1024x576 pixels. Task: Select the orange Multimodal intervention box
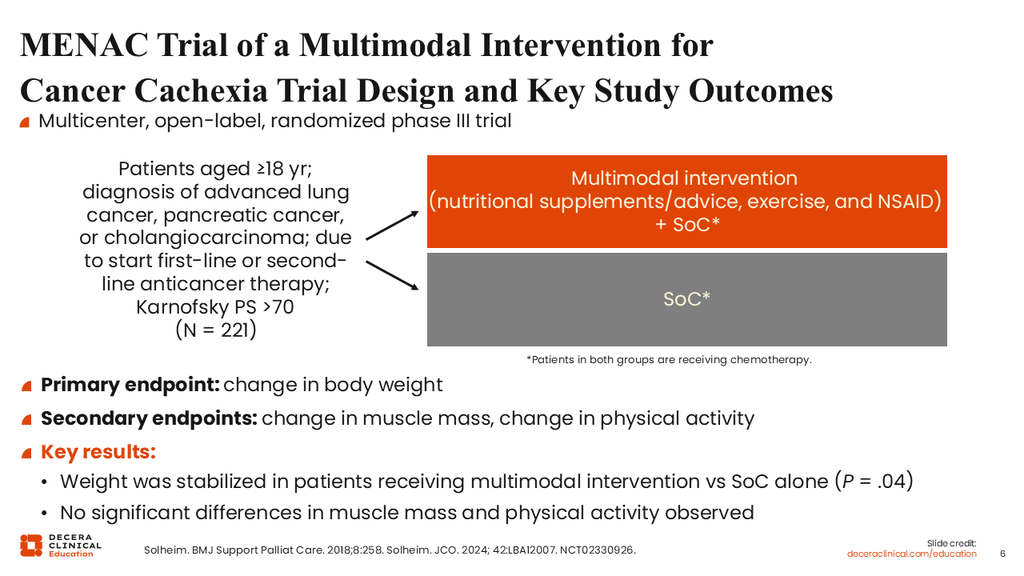click(x=686, y=202)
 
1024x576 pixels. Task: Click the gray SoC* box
click(x=686, y=299)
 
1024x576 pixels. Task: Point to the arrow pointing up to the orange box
click(x=392, y=226)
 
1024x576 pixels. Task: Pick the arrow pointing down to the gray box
click(x=392, y=274)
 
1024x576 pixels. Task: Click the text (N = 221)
click(x=216, y=330)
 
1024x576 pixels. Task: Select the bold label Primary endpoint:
click(x=130, y=385)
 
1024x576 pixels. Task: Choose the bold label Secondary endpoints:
click(x=149, y=418)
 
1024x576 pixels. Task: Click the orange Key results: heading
click(x=98, y=451)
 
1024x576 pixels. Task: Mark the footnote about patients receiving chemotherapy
click(x=669, y=360)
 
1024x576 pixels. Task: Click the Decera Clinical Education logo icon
click(x=31, y=545)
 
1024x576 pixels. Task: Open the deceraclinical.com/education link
click(x=912, y=554)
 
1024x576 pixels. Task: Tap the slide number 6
click(x=1003, y=554)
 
